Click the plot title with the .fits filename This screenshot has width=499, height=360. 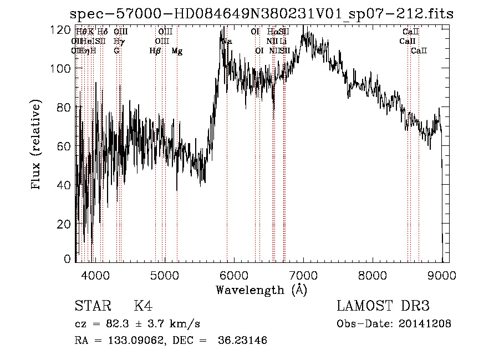point(263,14)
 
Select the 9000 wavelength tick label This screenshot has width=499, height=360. point(442,275)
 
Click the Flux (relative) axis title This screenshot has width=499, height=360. point(37,146)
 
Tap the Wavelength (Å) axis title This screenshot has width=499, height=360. point(261,290)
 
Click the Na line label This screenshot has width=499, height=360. point(227,41)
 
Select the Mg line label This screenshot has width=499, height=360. point(177,51)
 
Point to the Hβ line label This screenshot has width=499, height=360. point(155,51)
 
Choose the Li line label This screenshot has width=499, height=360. point(283,41)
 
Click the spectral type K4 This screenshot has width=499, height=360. point(143,306)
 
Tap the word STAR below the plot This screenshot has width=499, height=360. point(93,306)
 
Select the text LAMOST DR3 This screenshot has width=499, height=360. point(383,306)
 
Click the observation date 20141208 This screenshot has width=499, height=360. point(427,324)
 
